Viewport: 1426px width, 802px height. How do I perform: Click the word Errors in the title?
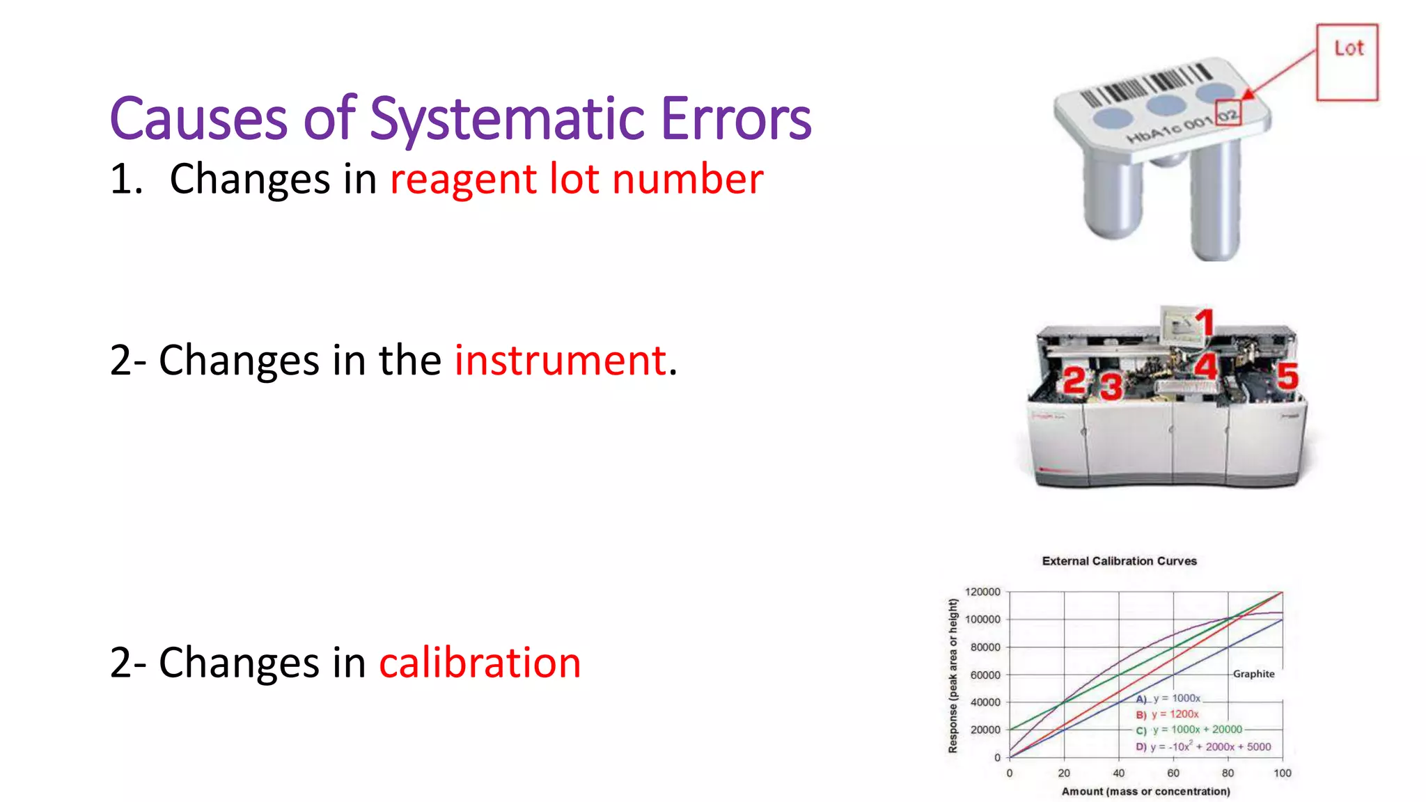click(x=736, y=119)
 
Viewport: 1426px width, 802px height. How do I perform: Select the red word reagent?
click(x=463, y=179)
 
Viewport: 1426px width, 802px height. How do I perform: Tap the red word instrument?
click(x=561, y=361)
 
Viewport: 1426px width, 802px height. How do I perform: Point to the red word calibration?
click(x=480, y=662)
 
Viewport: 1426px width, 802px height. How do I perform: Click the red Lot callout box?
click(x=1347, y=62)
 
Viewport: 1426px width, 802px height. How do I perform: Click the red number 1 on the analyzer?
click(x=1205, y=323)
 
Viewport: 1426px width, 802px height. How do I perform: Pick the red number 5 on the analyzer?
click(x=1287, y=377)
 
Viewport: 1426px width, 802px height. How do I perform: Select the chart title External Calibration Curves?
click(x=1119, y=561)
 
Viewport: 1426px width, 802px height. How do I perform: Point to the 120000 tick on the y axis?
click(x=982, y=592)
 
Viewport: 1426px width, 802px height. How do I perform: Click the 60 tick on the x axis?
click(x=1173, y=773)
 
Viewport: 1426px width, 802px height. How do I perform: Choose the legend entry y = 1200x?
click(x=1175, y=714)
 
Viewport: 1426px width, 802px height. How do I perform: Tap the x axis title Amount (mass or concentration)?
click(x=1145, y=792)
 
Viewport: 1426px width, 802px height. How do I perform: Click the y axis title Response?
click(x=953, y=675)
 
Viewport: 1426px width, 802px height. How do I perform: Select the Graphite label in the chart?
click(x=1253, y=674)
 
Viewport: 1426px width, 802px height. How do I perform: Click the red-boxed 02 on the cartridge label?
click(x=1228, y=114)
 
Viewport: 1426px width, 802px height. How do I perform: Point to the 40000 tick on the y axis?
click(x=985, y=702)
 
